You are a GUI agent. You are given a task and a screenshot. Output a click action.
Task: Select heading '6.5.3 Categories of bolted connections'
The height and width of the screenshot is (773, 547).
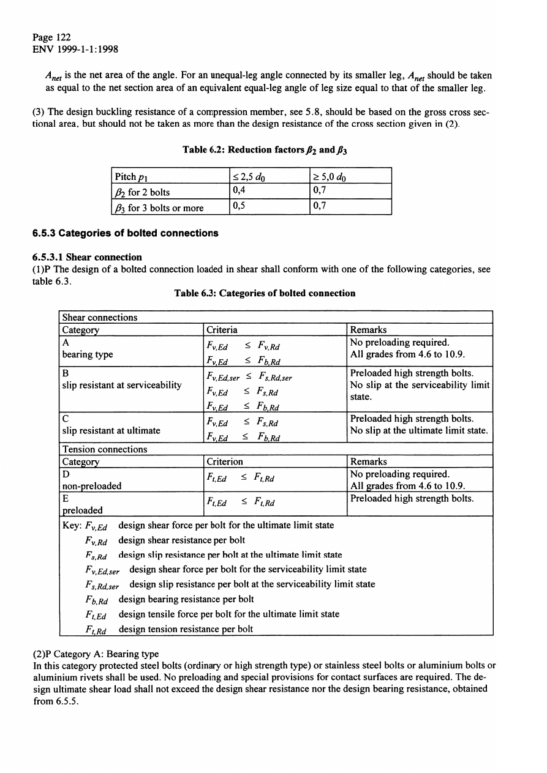click(125, 233)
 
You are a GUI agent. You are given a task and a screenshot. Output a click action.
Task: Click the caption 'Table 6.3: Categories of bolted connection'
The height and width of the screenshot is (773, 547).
click(265, 293)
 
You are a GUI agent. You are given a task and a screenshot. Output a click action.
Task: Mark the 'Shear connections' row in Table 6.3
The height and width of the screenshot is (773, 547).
click(100, 317)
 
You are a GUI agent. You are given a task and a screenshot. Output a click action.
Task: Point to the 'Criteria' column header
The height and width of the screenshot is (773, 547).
click(222, 329)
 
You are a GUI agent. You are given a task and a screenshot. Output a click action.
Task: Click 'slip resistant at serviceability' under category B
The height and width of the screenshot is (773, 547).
click(122, 384)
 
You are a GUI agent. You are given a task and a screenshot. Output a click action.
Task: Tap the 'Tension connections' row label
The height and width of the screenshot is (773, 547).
click(105, 449)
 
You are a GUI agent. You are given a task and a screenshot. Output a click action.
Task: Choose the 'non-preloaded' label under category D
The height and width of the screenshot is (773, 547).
click(92, 486)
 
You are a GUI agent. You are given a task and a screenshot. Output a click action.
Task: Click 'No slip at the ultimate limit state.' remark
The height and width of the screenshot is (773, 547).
click(419, 431)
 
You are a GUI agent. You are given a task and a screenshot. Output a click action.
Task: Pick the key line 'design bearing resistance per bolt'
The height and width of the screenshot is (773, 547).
click(186, 599)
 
